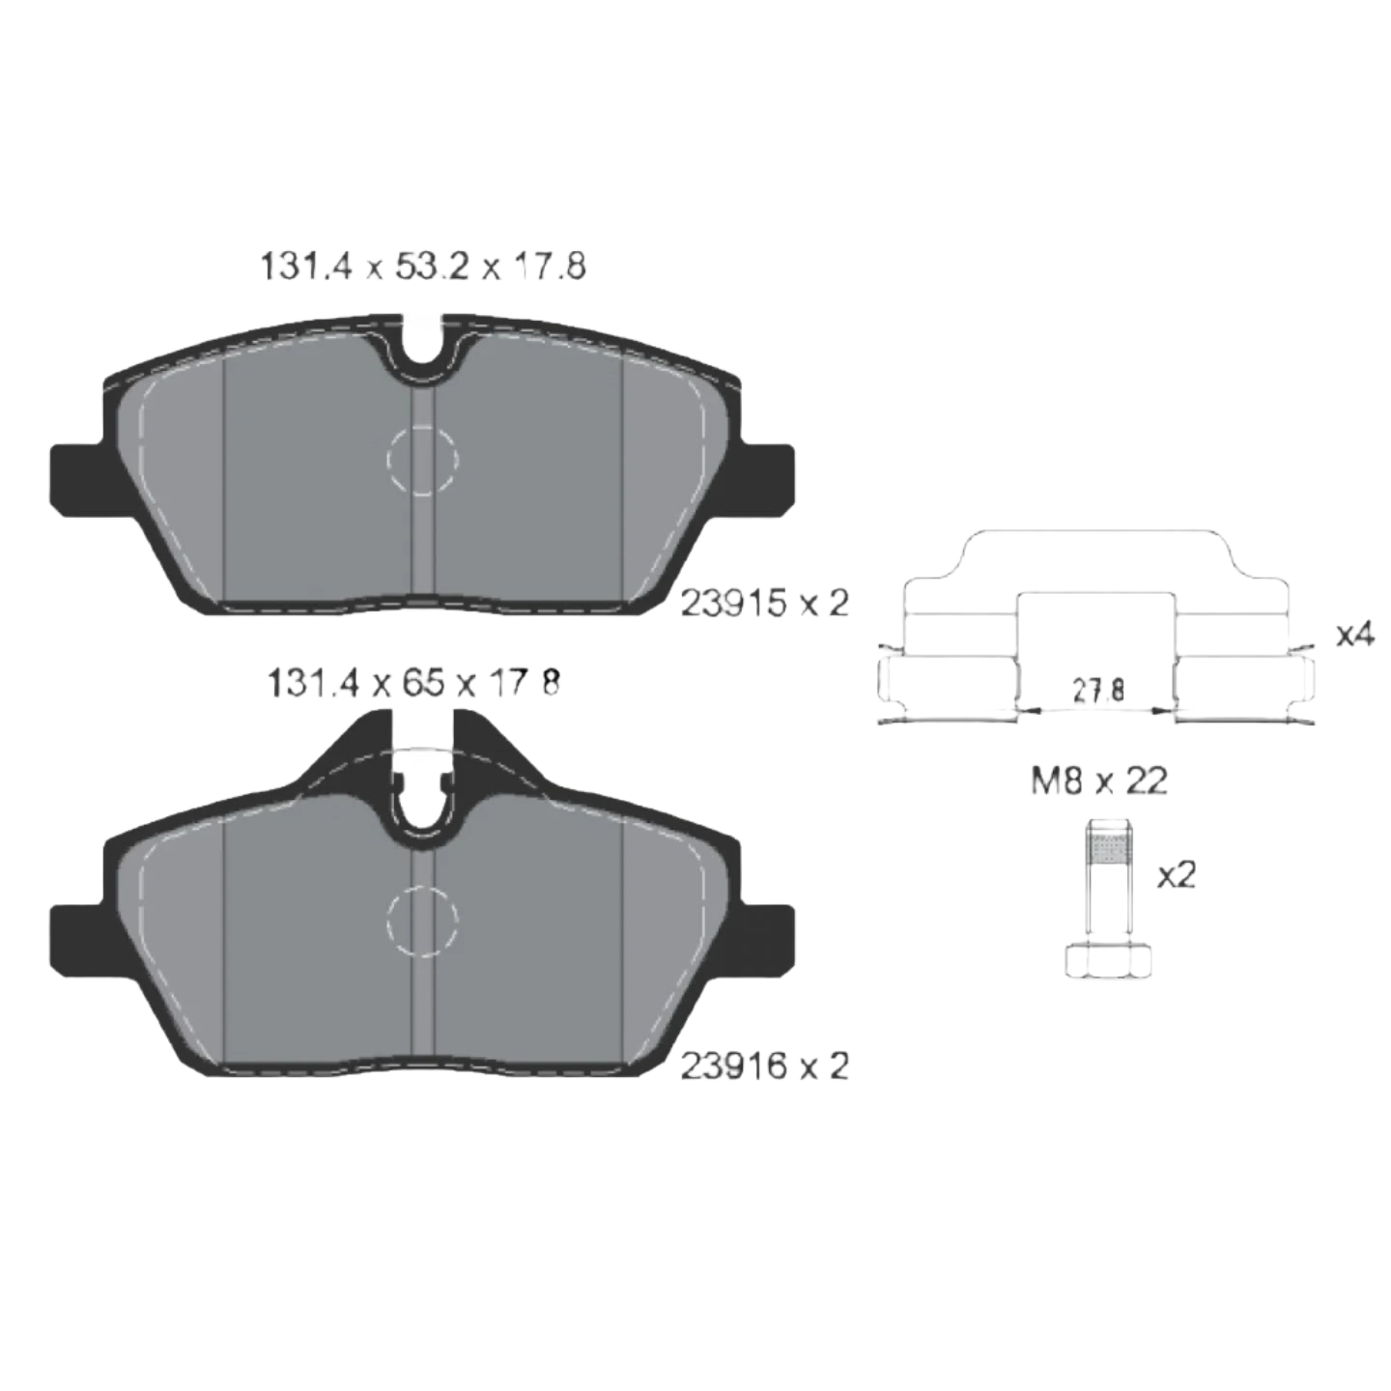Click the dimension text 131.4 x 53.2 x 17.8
[x=422, y=268]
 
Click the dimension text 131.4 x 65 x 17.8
[x=413, y=683]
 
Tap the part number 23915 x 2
[x=765, y=604]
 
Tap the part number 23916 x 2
[x=765, y=1065]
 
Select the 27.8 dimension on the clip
[x=1098, y=691]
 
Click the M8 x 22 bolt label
[x=1098, y=781]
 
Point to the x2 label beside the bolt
[x=1177, y=876]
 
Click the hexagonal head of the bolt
[x=1109, y=961]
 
